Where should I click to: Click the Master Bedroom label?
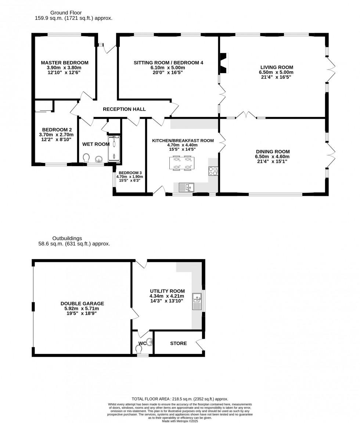click(x=64, y=62)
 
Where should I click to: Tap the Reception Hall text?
click(x=124, y=109)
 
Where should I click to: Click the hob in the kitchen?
click(x=213, y=171)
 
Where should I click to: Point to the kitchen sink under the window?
click(x=186, y=188)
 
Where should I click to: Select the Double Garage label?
click(x=82, y=304)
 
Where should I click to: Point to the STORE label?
click(x=179, y=343)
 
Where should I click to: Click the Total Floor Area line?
click(x=180, y=399)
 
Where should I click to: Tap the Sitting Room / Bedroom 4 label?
click(x=168, y=62)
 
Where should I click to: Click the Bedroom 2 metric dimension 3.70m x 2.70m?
click(x=57, y=135)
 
